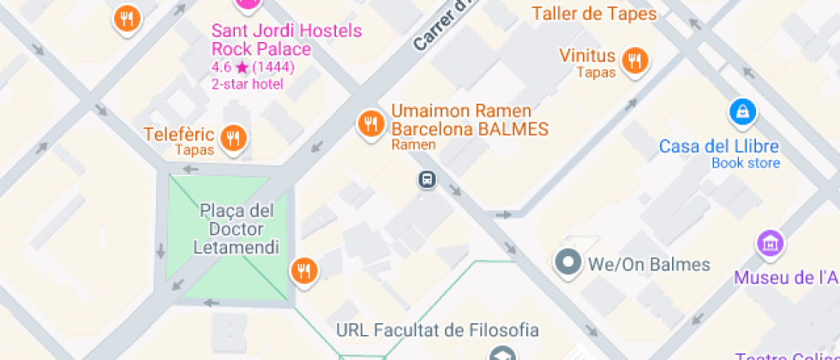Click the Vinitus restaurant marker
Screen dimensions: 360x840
(634, 61)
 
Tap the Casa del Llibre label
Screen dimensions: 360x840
(719, 146)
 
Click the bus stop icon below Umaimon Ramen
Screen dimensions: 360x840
(427, 179)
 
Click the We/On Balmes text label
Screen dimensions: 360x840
(649, 264)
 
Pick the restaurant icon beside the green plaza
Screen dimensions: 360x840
(303, 271)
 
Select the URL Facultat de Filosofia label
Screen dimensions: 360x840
(437, 330)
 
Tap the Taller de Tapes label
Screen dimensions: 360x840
(594, 14)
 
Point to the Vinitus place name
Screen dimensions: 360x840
(587, 56)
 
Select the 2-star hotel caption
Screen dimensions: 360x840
(247, 84)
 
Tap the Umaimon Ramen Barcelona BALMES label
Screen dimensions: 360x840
(470, 120)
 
